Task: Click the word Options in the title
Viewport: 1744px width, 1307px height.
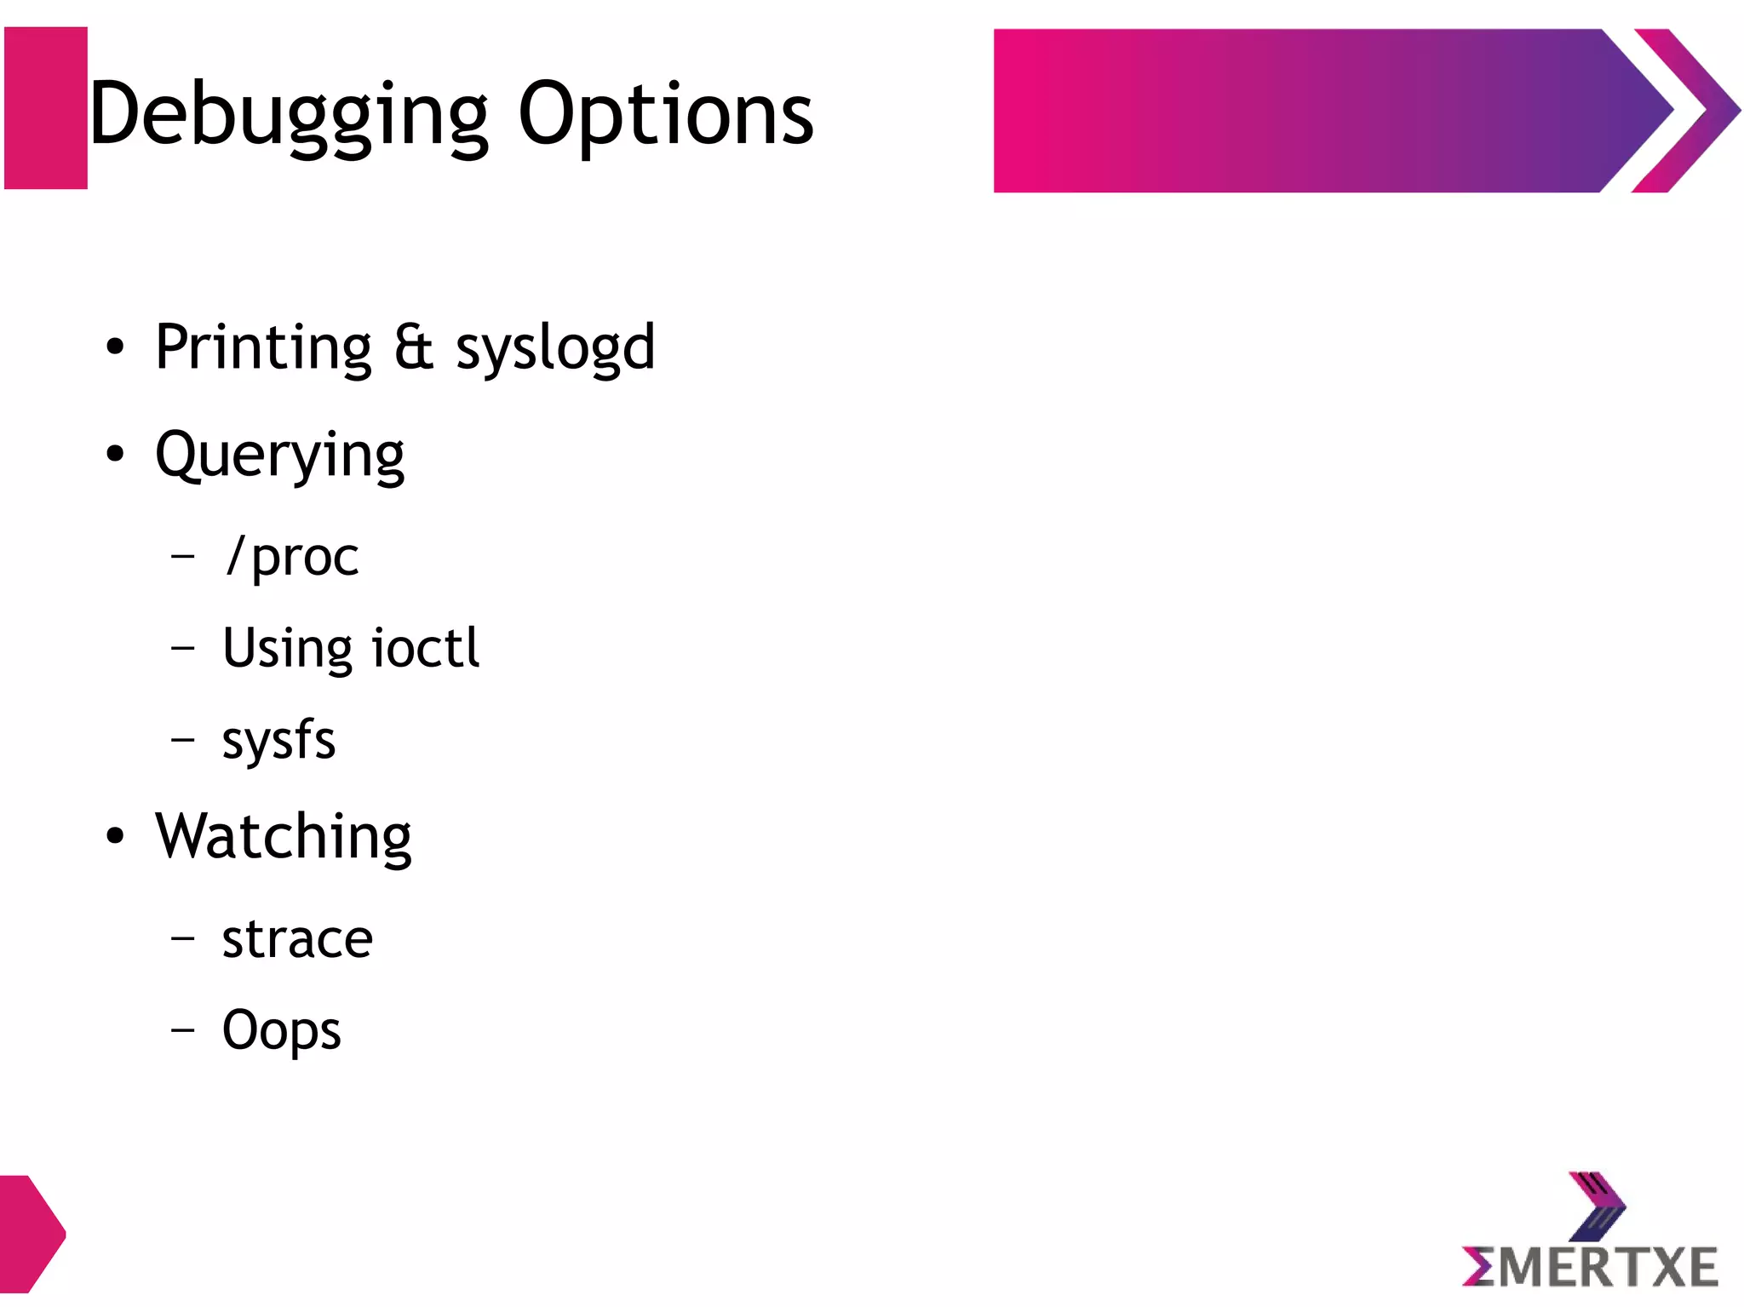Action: pos(665,115)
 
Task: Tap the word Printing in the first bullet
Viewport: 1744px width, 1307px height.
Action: pos(263,347)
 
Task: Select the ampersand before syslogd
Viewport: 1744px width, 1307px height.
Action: pos(414,347)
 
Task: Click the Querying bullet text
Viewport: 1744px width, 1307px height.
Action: pos(279,456)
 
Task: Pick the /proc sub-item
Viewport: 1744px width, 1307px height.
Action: pos(292,558)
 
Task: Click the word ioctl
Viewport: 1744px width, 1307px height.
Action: pos(426,648)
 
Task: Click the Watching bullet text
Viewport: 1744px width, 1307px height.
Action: pos(284,837)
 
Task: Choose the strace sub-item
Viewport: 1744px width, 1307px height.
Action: pos(297,939)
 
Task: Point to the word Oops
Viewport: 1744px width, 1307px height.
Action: pos(281,1031)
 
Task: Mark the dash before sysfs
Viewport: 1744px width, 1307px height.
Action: pos(182,740)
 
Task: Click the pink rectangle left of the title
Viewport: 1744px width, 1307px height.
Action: pos(46,108)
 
